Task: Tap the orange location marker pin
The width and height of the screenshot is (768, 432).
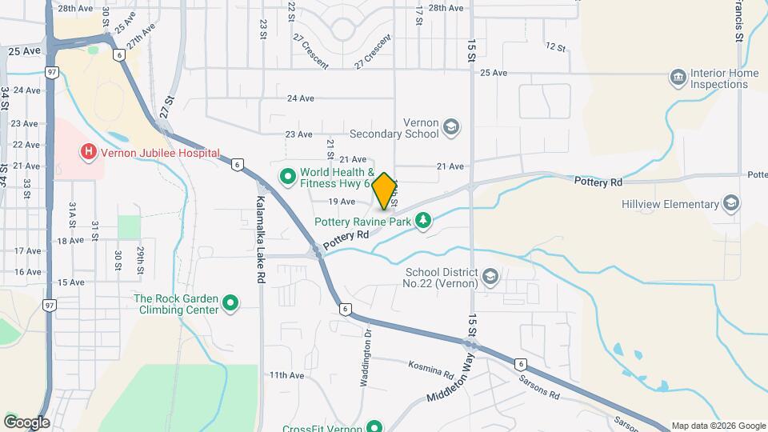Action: point(384,191)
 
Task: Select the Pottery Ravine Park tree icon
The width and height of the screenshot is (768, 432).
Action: point(423,220)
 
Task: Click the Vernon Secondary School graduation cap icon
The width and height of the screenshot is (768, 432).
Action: point(451,128)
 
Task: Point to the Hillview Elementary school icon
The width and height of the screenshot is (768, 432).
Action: point(730,204)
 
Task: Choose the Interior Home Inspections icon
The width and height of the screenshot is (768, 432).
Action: point(678,78)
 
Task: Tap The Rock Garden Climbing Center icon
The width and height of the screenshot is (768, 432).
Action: point(230,303)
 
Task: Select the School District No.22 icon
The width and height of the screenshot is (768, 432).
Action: point(490,278)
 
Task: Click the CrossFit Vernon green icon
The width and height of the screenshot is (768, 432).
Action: point(374,428)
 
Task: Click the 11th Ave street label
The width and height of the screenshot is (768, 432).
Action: point(286,374)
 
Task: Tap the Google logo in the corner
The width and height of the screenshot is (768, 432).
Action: point(26,422)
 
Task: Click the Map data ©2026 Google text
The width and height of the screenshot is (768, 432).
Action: point(718,426)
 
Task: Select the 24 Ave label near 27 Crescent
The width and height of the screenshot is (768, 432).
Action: point(300,98)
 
